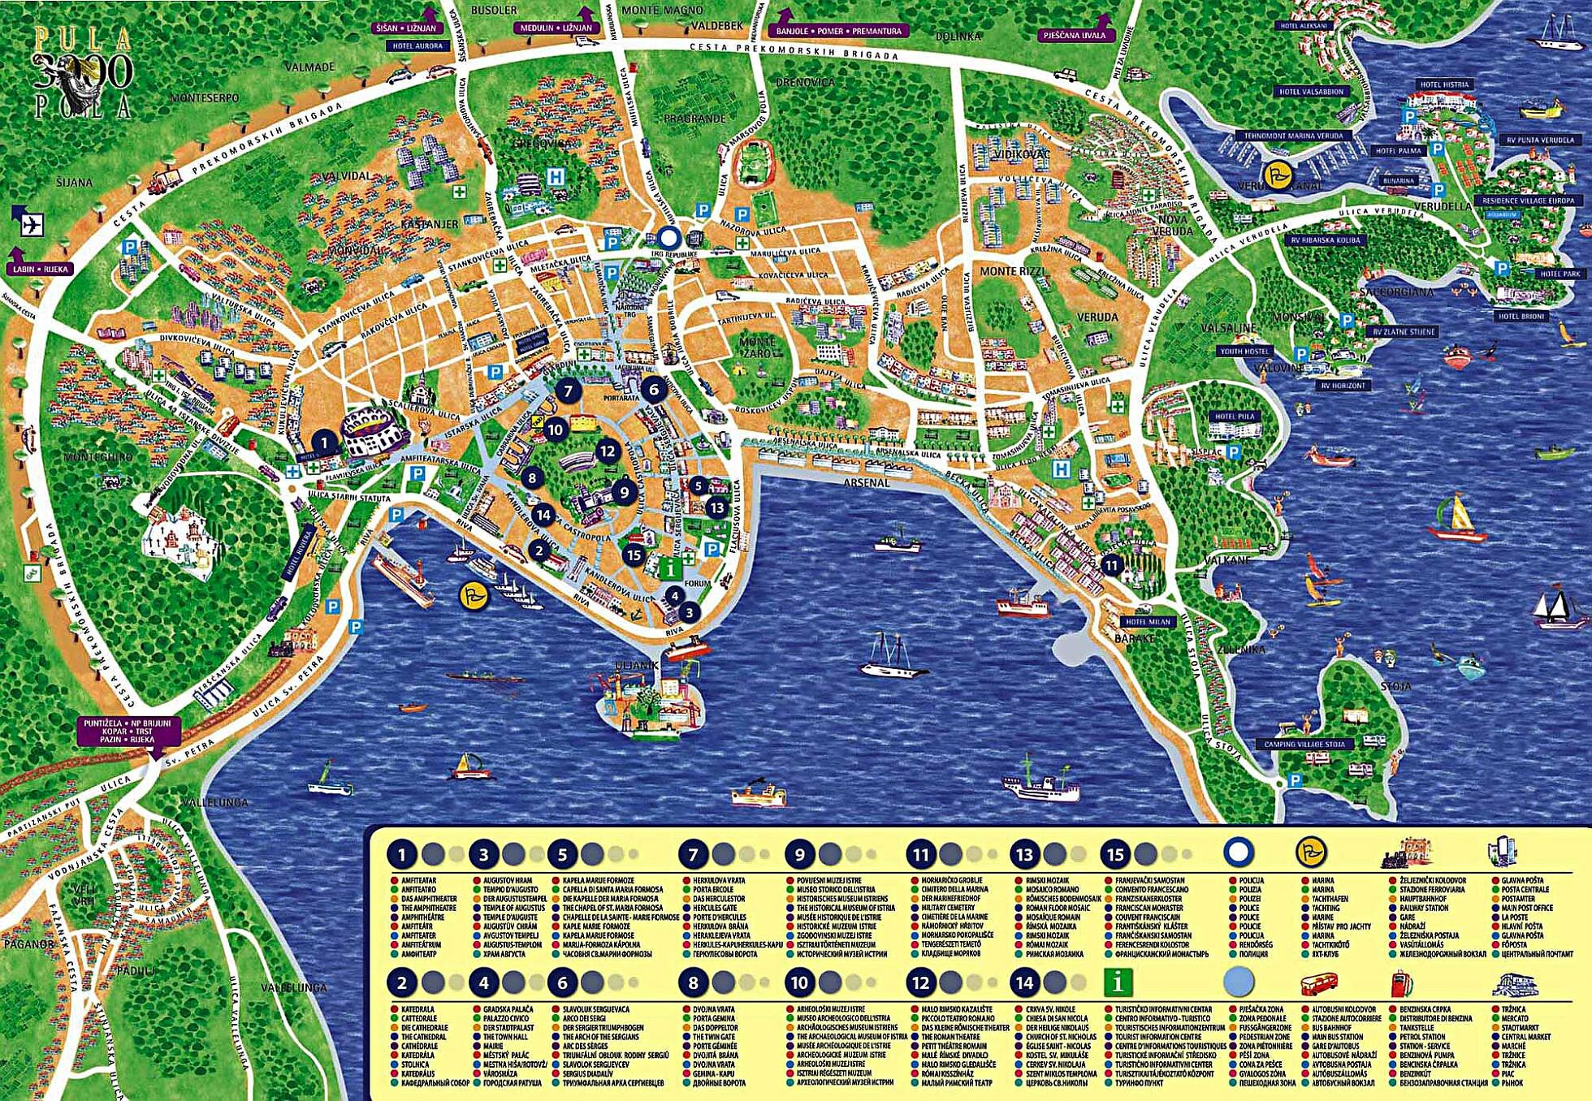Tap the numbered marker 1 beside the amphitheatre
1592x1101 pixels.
pos(324,443)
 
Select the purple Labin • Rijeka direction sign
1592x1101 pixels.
pos(41,269)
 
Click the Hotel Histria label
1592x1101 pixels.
pos(1444,84)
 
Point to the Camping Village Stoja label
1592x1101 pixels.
pos(1304,744)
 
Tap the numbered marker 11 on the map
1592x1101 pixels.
pos(1112,565)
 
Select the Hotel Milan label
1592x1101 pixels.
pos(1149,621)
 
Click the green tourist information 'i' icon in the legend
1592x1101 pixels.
pos(1119,983)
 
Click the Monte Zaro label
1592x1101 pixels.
pos(757,348)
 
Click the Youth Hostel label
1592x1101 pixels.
pos(1244,352)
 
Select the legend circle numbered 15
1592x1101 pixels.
pos(1116,854)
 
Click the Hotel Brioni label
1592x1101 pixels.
pos(1521,317)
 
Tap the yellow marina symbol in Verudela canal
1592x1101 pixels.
pos(1278,173)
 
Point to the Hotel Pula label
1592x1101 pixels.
pos(1235,417)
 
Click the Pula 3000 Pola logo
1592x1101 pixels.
pos(81,72)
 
